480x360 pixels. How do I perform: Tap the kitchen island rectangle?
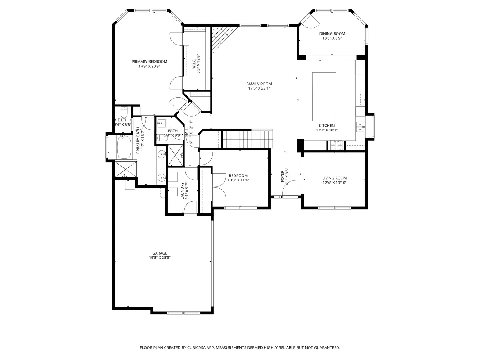tap(324, 96)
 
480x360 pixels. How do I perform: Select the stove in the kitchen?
tap(336, 145)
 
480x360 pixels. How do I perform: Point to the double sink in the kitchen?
tap(360, 125)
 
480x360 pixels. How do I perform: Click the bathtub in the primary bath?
tap(125, 147)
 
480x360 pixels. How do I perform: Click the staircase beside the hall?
tap(247, 139)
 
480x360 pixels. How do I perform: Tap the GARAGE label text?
tap(160, 253)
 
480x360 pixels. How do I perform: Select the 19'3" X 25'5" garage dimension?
tap(160, 258)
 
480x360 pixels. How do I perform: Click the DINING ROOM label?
tap(332, 33)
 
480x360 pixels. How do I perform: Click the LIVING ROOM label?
tap(335, 178)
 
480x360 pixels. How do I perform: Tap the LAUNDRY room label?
tap(183, 191)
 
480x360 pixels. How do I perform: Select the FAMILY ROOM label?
tap(259, 84)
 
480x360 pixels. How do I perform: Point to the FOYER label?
tap(282, 176)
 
